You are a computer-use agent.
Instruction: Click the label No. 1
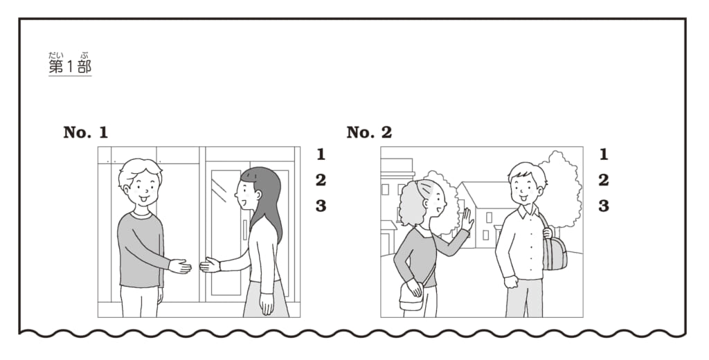click(x=85, y=132)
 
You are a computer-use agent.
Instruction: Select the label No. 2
click(x=369, y=132)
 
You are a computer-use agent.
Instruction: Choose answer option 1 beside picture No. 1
click(x=321, y=154)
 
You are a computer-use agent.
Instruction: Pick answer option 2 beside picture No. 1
click(x=321, y=181)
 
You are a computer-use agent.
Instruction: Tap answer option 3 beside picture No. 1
click(x=321, y=206)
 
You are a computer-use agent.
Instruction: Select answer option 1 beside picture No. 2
click(x=604, y=154)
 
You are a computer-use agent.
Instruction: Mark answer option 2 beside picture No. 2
click(x=604, y=181)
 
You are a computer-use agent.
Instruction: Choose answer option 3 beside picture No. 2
click(x=604, y=206)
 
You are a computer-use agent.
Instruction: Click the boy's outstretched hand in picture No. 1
click(x=180, y=267)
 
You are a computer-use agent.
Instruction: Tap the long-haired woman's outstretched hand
click(x=210, y=265)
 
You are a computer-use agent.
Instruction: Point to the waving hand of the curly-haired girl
click(x=467, y=219)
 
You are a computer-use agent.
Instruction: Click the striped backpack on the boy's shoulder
click(x=555, y=252)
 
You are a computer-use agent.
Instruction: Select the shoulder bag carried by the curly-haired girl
click(x=411, y=297)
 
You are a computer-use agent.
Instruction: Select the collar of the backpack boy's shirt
click(x=528, y=211)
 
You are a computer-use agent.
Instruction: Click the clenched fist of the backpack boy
click(x=510, y=282)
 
